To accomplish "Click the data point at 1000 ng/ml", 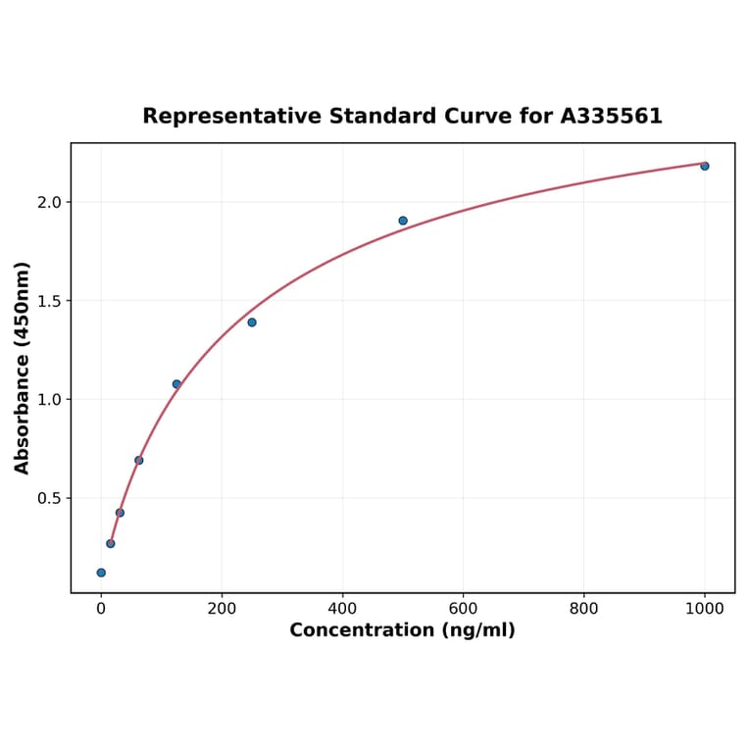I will (704, 166).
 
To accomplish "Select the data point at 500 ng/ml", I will (403, 221).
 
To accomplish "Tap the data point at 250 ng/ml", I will (252, 323).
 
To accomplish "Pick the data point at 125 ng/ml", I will (176, 384).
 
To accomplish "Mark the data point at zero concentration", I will (101, 573).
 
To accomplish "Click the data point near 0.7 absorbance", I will (138, 460).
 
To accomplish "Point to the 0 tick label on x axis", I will (101, 609).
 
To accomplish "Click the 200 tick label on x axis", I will (222, 609).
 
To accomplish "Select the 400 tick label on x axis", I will (342, 609).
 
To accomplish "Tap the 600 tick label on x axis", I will (463, 609).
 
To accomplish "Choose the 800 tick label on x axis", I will (583, 609).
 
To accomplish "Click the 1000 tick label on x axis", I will (704, 609).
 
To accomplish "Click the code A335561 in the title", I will (611, 117).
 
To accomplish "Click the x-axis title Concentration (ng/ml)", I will (402, 630).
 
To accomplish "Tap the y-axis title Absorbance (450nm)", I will (23, 368).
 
